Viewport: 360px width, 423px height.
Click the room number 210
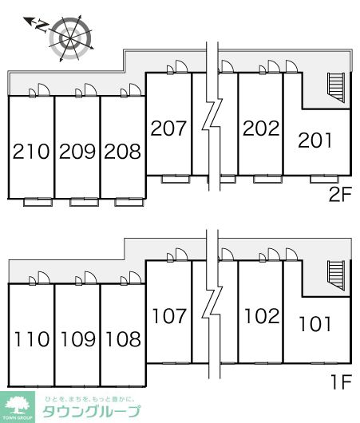[31, 152]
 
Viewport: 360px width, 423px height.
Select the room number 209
[77, 152]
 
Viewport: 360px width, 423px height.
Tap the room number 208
[122, 152]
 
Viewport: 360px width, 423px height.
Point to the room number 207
[168, 128]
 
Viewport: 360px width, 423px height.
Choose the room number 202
[261, 128]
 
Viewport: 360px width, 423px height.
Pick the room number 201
[315, 140]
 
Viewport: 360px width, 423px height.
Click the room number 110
[32, 339]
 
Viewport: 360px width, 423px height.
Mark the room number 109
[78, 339]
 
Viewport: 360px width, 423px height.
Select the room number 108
[124, 339]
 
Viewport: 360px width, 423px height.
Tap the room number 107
[169, 316]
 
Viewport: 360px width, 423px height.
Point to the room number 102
[262, 316]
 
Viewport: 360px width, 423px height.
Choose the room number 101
[315, 324]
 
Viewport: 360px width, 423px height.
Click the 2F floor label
[340, 195]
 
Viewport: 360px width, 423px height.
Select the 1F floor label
[342, 382]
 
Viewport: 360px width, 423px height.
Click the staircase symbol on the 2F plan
[336, 88]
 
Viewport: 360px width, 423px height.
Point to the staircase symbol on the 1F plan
[336, 275]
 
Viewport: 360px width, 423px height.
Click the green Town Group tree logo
[18, 407]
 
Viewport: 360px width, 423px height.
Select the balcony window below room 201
[324, 179]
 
